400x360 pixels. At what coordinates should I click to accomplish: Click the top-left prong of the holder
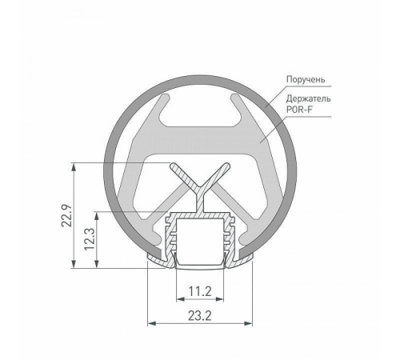[x=154, y=101]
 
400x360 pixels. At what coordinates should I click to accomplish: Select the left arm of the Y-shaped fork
[x=181, y=174]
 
